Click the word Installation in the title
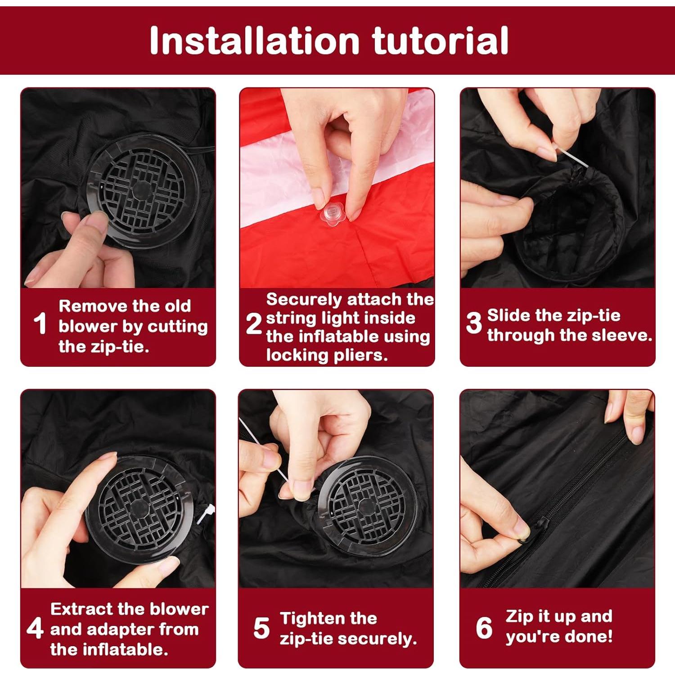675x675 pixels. point(254,40)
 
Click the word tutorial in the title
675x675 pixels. point(441,40)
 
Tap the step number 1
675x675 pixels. point(40,323)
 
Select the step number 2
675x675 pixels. point(254,323)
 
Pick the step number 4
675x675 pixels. point(35,628)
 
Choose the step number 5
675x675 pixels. point(261,628)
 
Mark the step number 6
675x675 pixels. point(484,628)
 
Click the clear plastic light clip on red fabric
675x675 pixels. point(333,214)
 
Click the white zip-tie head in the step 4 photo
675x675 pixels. point(204,514)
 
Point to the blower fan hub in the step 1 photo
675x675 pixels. point(142,189)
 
